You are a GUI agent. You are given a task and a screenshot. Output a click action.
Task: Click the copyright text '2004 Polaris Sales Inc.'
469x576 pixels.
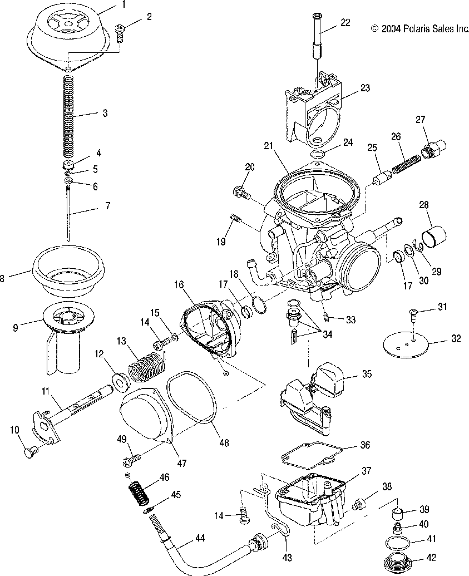point(420,28)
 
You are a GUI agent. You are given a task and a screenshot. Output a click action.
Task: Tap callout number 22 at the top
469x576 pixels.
point(345,23)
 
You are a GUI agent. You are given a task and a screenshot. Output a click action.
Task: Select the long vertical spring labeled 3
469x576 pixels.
point(67,117)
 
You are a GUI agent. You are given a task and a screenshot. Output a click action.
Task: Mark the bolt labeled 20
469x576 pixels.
point(240,193)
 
